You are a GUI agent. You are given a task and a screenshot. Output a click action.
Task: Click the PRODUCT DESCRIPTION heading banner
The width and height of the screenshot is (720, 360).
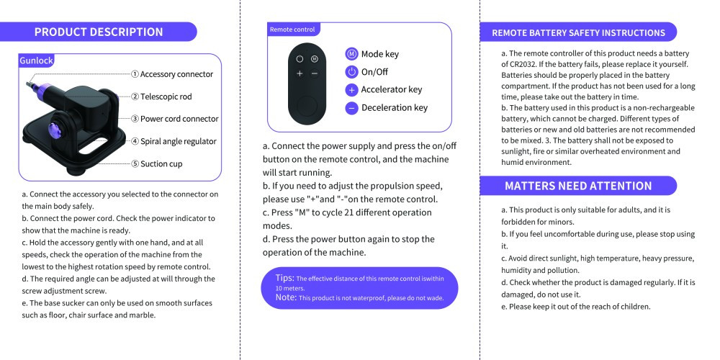click(x=99, y=32)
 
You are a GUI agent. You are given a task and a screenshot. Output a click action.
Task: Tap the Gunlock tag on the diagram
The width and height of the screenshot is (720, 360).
click(x=36, y=61)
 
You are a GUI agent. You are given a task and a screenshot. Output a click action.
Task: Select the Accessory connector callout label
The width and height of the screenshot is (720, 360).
click(x=172, y=74)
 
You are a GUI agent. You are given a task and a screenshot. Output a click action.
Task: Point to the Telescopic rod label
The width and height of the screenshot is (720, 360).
click(x=161, y=96)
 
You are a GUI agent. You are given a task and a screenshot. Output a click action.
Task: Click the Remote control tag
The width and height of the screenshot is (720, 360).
click(x=292, y=30)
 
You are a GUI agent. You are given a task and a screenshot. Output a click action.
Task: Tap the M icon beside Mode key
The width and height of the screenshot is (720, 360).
click(x=351, y=54)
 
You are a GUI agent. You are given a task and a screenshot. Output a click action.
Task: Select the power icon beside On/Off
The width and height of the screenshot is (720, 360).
click(x=351, y=72)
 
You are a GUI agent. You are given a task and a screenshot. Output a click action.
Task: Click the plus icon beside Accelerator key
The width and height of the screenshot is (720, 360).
click(x=351, y=90)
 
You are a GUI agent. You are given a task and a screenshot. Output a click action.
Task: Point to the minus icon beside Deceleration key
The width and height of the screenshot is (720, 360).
click(x=351, y=108)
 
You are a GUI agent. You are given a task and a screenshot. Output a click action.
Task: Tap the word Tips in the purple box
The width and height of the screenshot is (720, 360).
click(x=284, y=277)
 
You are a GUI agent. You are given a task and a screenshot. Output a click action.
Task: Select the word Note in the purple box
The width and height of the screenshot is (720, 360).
click(x=286, y=297)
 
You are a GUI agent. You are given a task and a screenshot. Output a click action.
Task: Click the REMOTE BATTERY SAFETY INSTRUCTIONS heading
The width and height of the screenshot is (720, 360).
click(x=578, y=32)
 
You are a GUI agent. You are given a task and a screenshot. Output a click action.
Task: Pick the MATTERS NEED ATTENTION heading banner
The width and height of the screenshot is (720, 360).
click(x=578, y=186)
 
